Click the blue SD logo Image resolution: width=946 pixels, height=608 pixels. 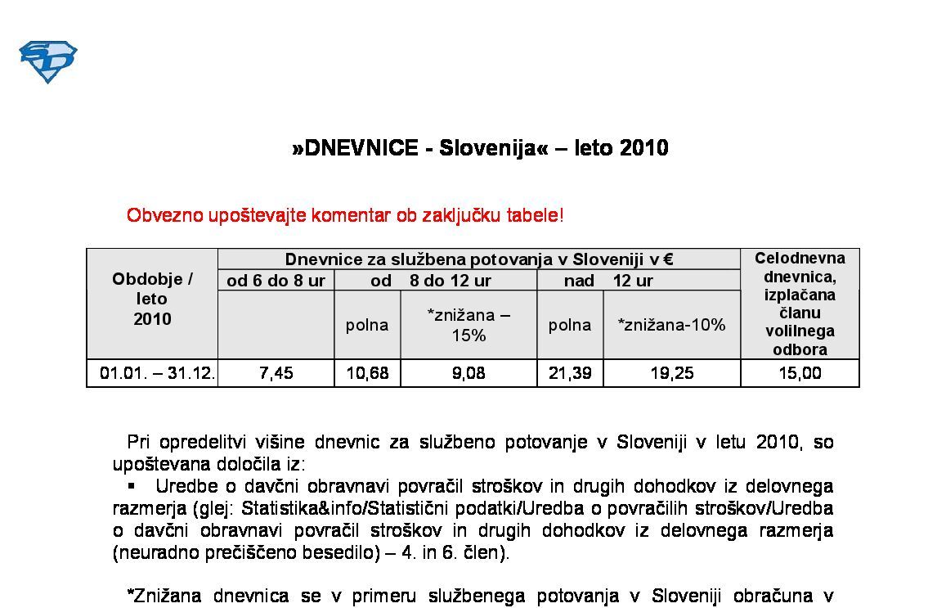pos(47,61)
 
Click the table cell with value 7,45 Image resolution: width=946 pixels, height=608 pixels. pos(276,373)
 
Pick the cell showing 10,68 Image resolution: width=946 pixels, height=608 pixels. pos(367,373)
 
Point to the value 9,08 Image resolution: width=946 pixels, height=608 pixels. pos(469,373)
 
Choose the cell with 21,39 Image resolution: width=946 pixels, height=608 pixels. pos(570,373)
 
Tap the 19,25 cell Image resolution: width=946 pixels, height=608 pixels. pos(671,373)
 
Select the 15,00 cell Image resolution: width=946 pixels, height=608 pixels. pos(800,373)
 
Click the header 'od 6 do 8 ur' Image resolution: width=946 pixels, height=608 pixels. pos(276,281)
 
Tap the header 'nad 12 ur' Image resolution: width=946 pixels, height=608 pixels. pos(608,281)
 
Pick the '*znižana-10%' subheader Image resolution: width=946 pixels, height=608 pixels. pos(671,325)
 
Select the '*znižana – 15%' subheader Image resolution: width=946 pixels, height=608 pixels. pos(469,325)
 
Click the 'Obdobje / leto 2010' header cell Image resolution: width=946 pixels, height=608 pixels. pos(152,299)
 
